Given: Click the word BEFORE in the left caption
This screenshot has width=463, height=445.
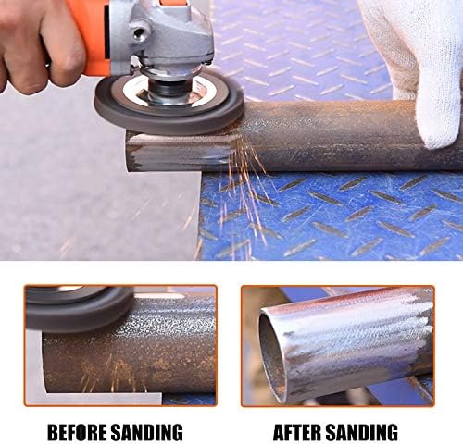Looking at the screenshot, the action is pos(78,432).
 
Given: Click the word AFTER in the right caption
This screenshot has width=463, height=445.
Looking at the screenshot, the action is pos(297,432).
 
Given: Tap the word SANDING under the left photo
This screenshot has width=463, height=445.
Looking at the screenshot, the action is pos(146,432).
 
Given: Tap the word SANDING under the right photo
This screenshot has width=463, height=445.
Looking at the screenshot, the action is pos(362,432).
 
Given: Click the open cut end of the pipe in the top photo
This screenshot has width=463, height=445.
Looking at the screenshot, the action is pos(132,151).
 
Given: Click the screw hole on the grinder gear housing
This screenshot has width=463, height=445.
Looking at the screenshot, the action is pos(141,31).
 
